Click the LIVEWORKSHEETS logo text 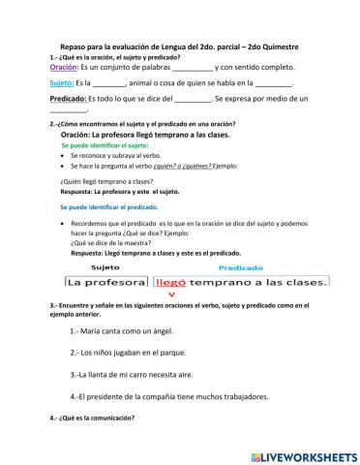point(304,455)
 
